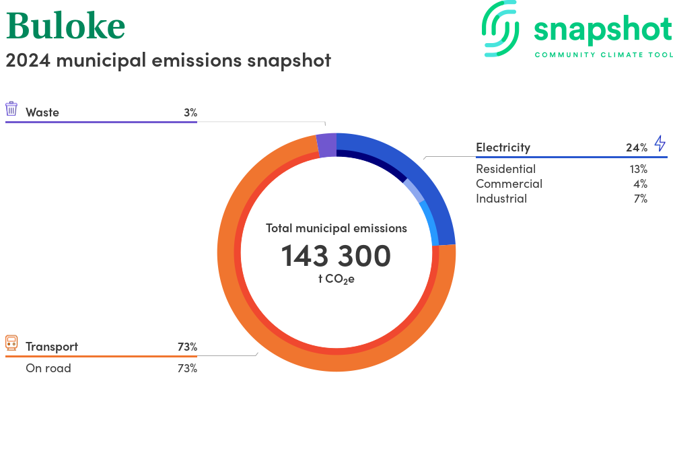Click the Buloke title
[66, 26]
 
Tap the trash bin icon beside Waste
[11, 109]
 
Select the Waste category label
[42, 112]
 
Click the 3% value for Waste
[190, 112]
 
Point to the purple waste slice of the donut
[326, 145]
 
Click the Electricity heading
[503, 147]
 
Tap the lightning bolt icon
[660, 143]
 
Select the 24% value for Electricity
[637, 147]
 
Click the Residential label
[505, 169]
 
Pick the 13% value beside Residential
[638, 169]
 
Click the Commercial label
[509, 184]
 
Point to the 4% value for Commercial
[641, 184]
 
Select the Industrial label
[501, 199]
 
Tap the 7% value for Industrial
[641, 199]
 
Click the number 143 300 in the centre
[336, 256]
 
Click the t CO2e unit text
[336, 279]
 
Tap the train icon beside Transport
[11, 343]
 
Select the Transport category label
[52, 347]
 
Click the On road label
[48, 368]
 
